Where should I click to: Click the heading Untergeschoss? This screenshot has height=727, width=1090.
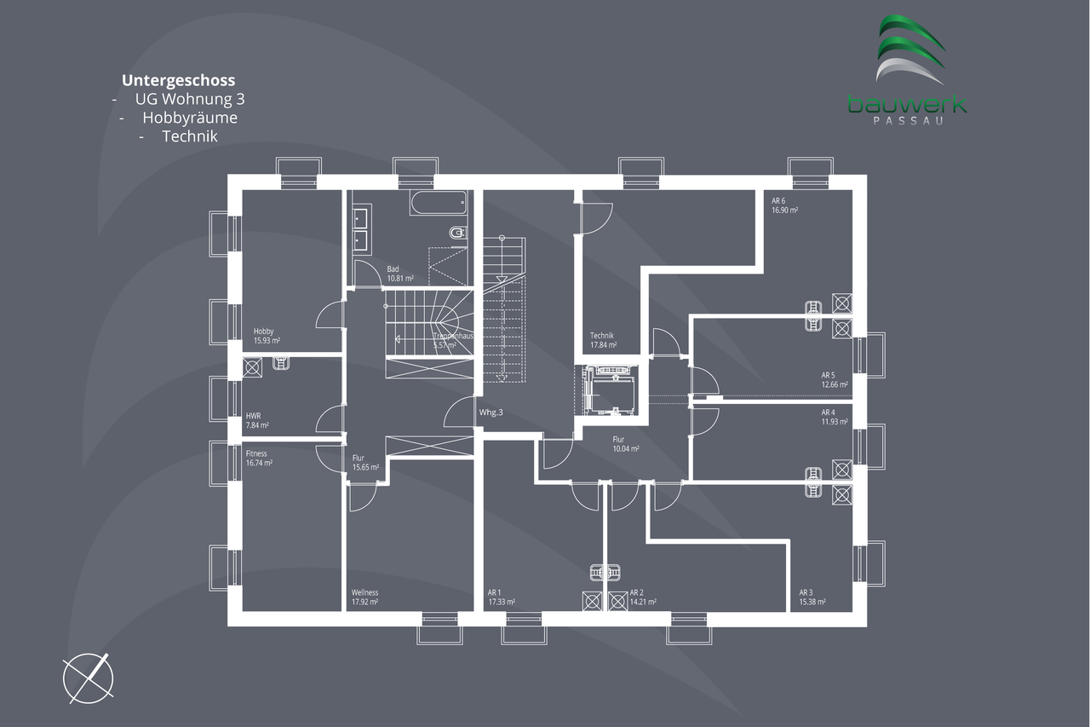tap(178, 81)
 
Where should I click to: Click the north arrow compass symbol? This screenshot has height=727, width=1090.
tap(89, 678)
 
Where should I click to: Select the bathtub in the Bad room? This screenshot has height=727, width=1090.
tap(439, 203)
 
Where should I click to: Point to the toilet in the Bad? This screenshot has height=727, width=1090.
tap(457, 232)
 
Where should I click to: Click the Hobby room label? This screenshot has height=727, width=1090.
tap(264, 332)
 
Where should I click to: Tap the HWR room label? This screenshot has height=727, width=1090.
tap(254, 415)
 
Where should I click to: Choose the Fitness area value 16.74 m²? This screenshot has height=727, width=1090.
tap(259, 464)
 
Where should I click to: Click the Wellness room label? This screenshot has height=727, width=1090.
tap(364, 592)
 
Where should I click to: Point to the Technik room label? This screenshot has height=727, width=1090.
tap(601, 335)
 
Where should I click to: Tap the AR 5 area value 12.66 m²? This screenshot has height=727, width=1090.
tap(834, 384)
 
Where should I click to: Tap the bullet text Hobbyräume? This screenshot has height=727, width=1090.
tap(190, 118)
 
